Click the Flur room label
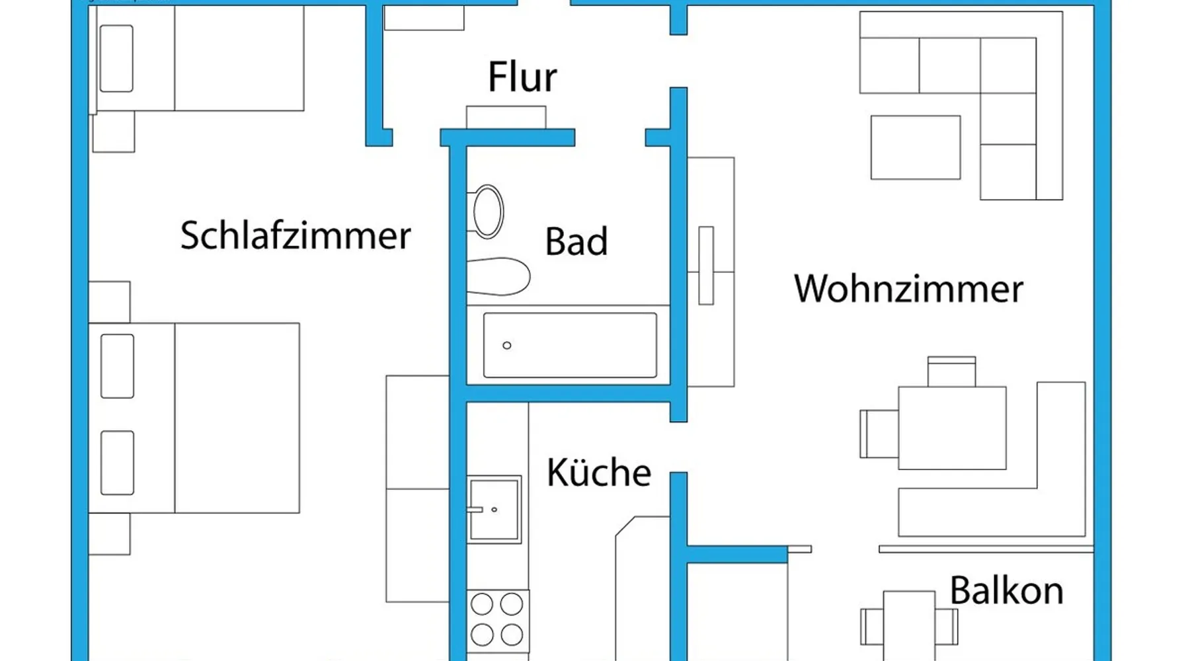pos(522,77)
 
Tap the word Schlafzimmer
pos(296,236)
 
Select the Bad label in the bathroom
pos(576,241)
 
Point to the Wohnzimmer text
pos(908,289)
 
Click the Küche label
pos(598,473)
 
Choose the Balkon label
pos(1006,590)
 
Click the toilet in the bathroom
pos(487,212)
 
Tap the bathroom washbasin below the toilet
pos(498,276)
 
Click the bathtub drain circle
pos(507,345)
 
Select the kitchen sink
pos(494,509)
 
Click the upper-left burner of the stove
pos(482,604)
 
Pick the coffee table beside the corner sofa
pos(915,147)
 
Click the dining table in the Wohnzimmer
pos(952,428)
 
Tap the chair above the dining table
pos(951,371)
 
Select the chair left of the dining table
pos(879,434)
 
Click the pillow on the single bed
pos(116,58)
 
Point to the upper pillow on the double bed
pos(117,366)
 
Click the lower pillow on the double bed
pos(117,463)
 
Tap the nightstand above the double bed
pos(109,301)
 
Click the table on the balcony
pos(909,625)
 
